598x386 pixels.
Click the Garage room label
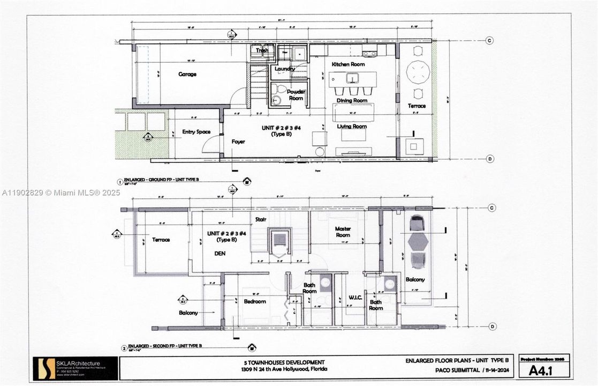point(187,75)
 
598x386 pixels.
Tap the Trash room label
point(262,50)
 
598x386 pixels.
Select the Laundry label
point(285,69)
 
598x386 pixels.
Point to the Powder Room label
point(296,95)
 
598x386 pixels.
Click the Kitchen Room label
point(348,64)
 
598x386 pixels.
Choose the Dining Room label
point(352,100)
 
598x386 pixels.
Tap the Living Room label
point(352,127)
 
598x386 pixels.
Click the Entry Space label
point(196,132)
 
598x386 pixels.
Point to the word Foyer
point(238,142)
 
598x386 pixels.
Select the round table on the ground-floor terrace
point(418,71)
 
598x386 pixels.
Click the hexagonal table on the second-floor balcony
point(418,242)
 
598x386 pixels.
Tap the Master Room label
point(343,232)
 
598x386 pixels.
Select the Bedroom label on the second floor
point(255,301)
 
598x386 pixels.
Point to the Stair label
point(261,219)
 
